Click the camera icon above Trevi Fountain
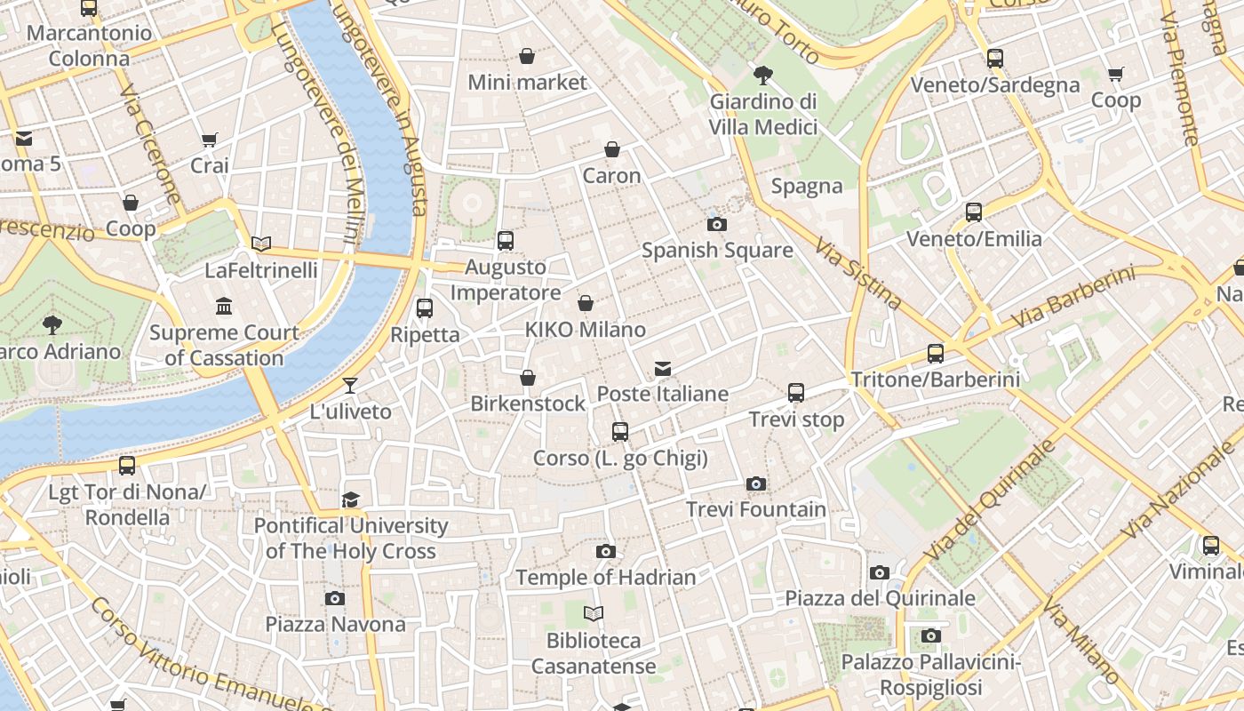pyautogui.click(x=756, y=484)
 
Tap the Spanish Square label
pyautogui.click(x=717, y=251)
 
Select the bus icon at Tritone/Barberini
pyautogui.click(x=936, y=354)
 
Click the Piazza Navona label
pyautogui.click(x=335, y=624)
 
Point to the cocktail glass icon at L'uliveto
pyautogui.click(x=350, y=386)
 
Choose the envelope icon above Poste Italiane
pyautogui.click(x=662, y=368)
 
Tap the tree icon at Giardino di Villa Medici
pyautogui.click(x=762, y=76)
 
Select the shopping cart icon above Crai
pyautogui.click(x=210, y=140)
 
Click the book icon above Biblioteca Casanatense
pyautogui.click(x=594, y=613)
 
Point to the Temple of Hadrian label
pyautogui.click(x=605, y=578)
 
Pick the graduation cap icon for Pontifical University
pyautogui.click(x=351, y=499)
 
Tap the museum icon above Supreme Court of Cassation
pyautogui.click(x=224, y=307)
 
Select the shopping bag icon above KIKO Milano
pyautogui.click(x=586, y=304)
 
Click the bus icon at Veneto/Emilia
pyautogui.click(x=974, y=212)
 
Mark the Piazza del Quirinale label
pyautogui.click(x=879, y=598)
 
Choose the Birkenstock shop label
pyautogui.click(x=528, y=403)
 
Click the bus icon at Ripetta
pyautogui.click(x=425, y=308)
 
